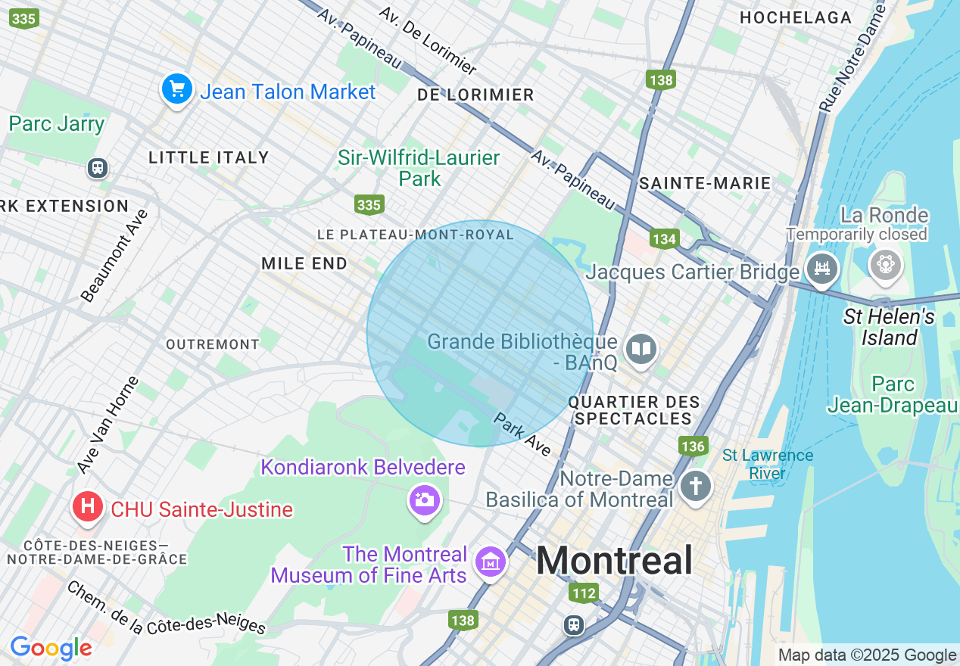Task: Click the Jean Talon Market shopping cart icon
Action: click(x=177, y=90)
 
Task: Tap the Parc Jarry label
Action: click(x=57, y=123)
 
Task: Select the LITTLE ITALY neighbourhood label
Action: click(x=209, y=157)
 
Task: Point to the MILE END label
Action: click(x=304, y=263)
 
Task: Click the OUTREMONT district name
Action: click(x=213, y=344)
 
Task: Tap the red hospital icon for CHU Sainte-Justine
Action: click(x=87, y=507)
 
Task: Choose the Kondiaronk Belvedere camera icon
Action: click(x=424, y=499)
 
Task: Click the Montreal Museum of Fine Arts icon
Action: click(x=490, y=562)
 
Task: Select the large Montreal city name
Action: click(x=614, y=561)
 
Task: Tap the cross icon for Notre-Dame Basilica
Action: click(x=695, y=485)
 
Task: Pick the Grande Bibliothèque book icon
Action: click(x=641, y=349)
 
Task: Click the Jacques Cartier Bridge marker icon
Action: click(x=821, y=268)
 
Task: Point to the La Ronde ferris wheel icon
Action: click(x=884, y=265)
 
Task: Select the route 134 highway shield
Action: click(x=664, y=239)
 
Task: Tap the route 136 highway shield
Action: click(x=693, y=446)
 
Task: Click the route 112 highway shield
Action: click(x=584, y=593)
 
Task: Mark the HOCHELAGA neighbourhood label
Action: click(x=795, y=17)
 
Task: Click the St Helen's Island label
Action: click(x=889, y=327)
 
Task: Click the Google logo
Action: click(x=51, y=648)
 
